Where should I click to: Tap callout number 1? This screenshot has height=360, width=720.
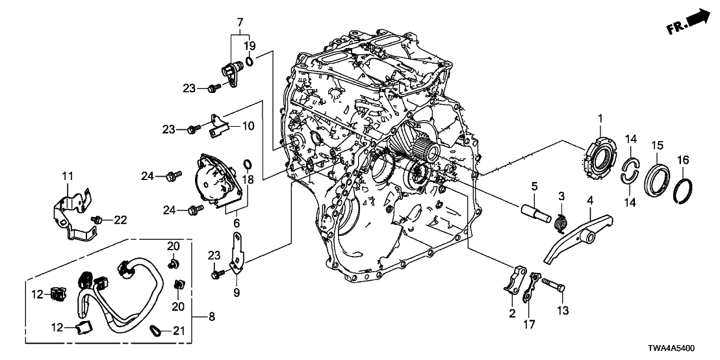(600, 119)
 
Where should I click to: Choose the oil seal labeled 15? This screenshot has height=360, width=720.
(657, 181)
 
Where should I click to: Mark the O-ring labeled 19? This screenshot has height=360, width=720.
(250, 61)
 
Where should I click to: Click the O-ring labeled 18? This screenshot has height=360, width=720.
(248, 162)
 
